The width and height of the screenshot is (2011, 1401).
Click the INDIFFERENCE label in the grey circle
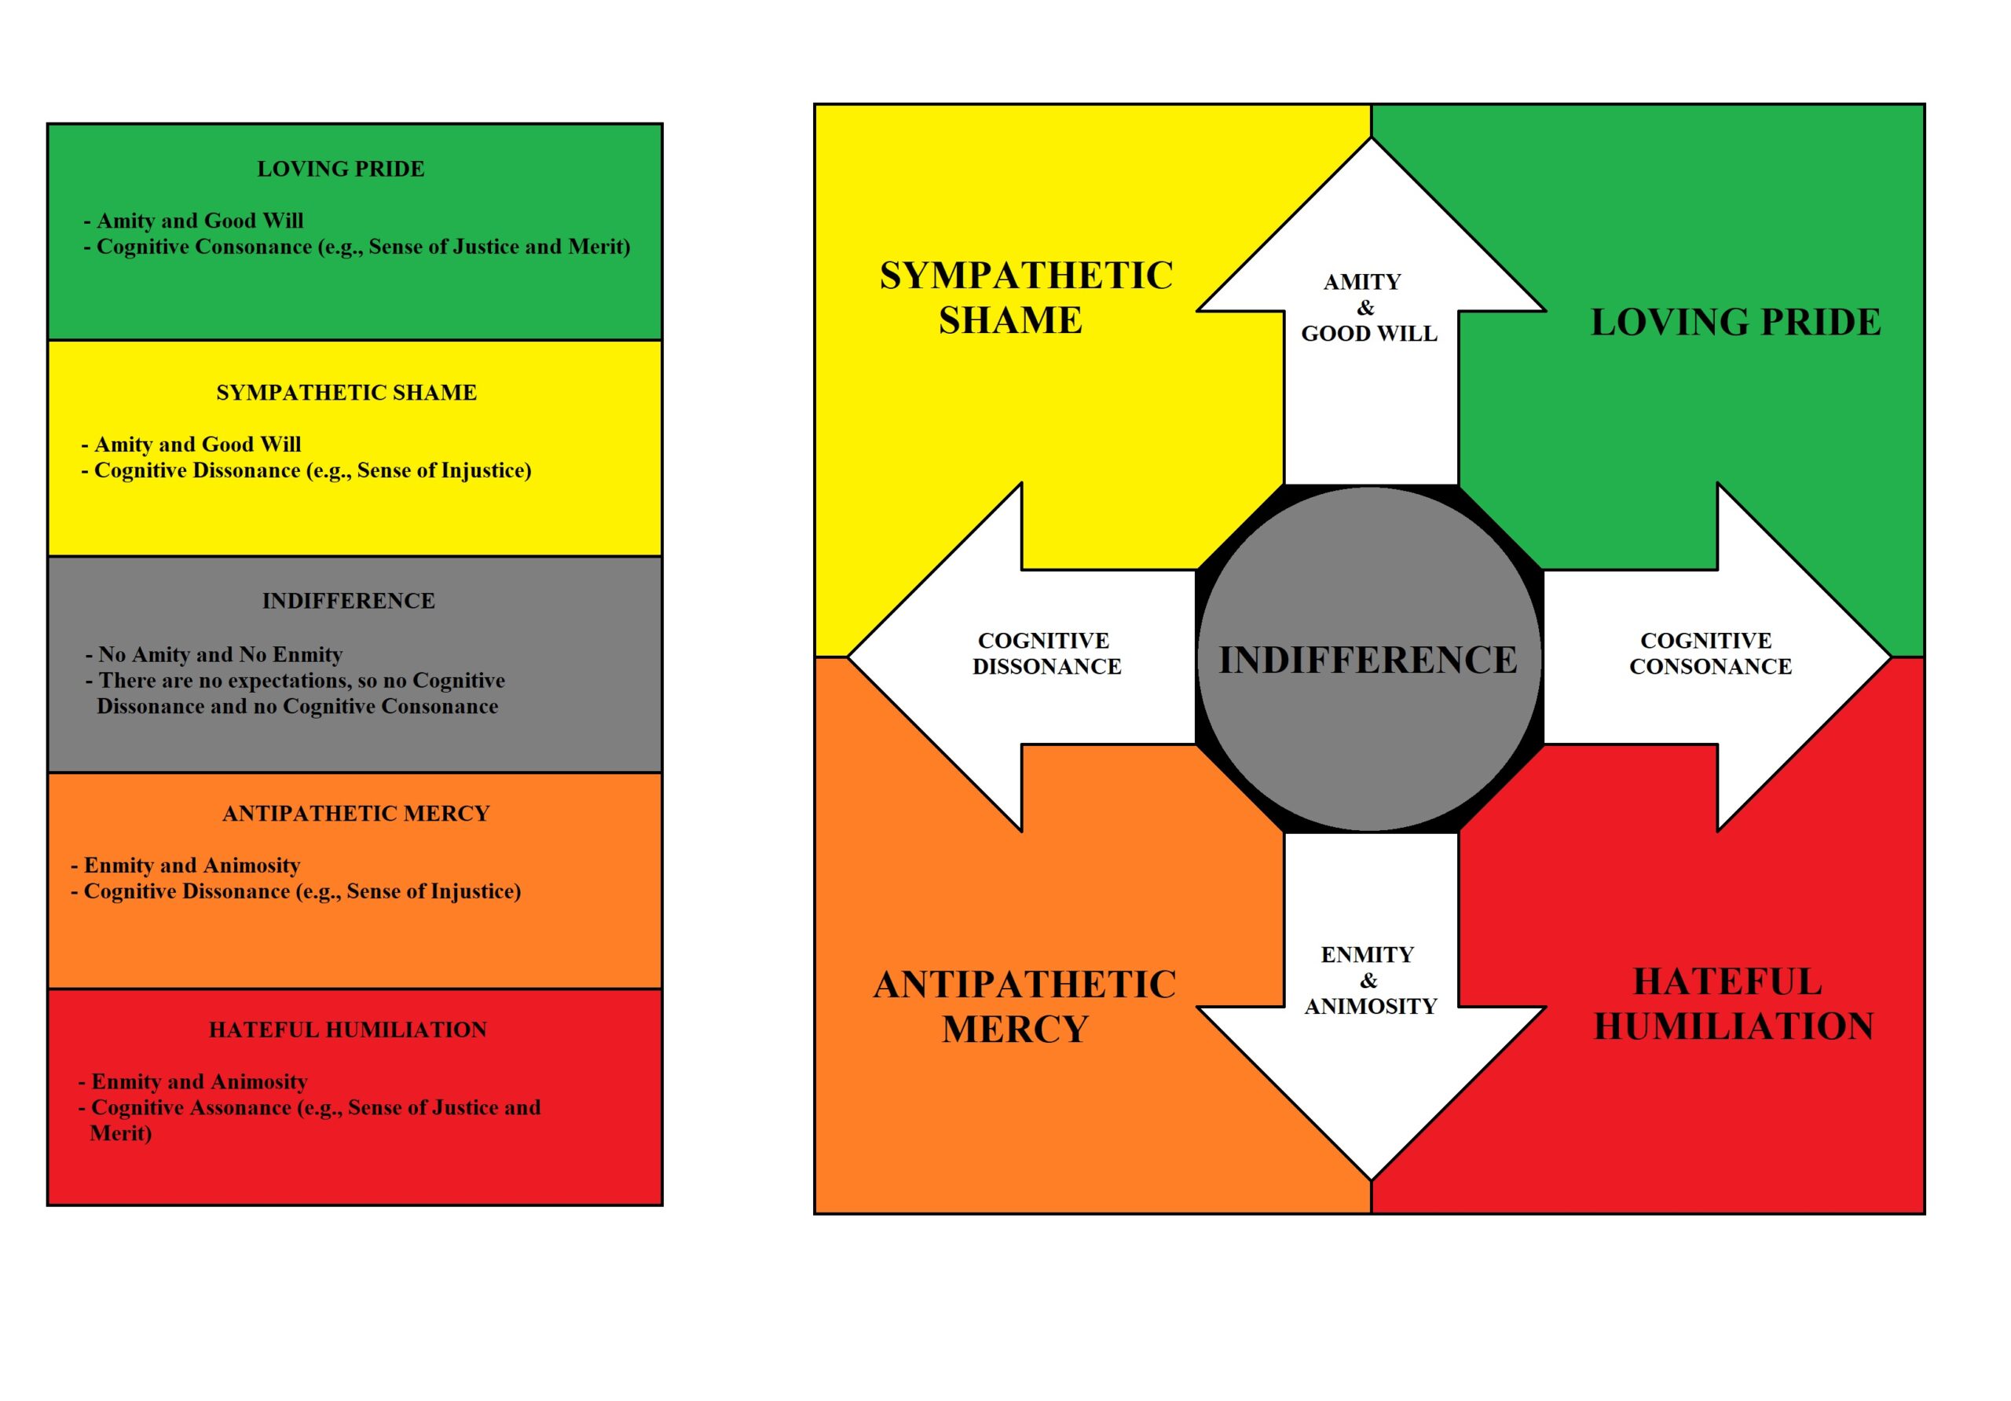tap(1368, 660)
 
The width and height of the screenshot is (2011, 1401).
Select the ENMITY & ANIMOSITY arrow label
tap(1370, 980)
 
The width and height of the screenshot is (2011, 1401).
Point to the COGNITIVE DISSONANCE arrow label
tap(1046, 653)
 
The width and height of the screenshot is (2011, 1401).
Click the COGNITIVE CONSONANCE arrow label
tap(1709, 653)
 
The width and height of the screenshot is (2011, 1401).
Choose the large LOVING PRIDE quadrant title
tap(1735, 322)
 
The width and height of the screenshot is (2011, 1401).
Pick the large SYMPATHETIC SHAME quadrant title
tap(1026, 298)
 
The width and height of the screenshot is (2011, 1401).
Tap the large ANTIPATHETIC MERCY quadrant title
tap(1024, 1006)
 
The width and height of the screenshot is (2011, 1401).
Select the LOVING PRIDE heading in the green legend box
tap(341, 169)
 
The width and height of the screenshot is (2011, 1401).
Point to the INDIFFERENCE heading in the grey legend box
tap(349, 601)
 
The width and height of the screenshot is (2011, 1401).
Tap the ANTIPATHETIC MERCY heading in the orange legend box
tap(356, 814)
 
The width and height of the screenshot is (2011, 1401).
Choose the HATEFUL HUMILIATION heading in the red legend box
tap(348, 1030)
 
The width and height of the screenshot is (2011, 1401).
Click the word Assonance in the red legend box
tap(246, 1107)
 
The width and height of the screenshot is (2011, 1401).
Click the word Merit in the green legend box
tap(595, 247)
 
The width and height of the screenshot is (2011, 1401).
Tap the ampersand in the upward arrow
tap(1365, 307)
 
